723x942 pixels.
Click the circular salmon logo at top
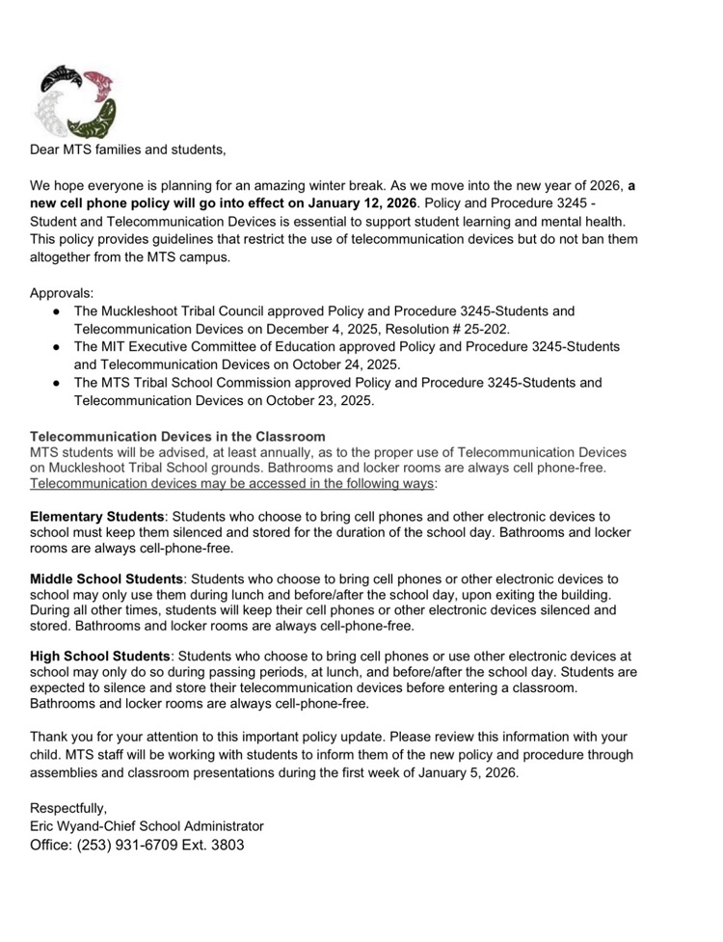(74, 103)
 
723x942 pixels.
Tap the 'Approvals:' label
(64, 292)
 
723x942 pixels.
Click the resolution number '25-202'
(487, 329)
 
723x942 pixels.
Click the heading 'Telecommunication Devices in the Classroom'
(177, 437)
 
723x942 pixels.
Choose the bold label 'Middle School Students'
(106, 579)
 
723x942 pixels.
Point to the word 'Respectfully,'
(68, 808)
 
